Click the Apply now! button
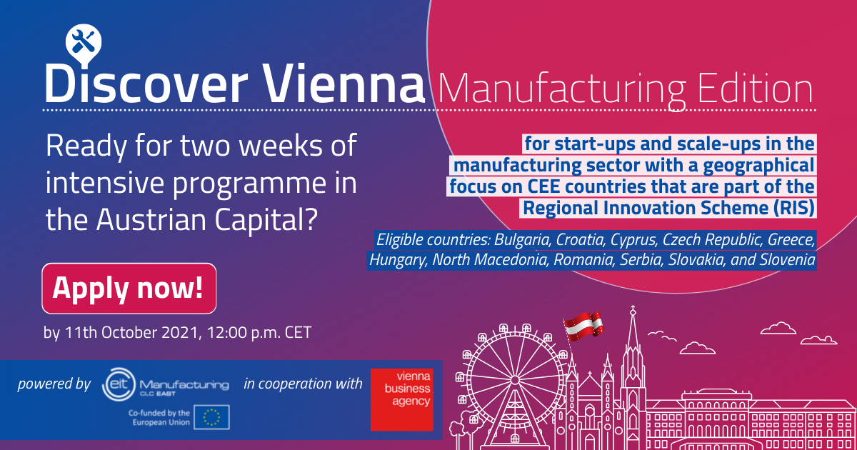pos(129,288)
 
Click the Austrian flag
pos(583,325)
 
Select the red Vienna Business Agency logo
pos(401,399)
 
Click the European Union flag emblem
pos(211,417)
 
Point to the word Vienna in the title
pos(344,84)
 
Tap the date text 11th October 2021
pos(131,332)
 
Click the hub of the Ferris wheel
pos(515,380)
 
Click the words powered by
pos(54,384)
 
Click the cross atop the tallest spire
pos(633,309)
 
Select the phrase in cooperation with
pos(303,384)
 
